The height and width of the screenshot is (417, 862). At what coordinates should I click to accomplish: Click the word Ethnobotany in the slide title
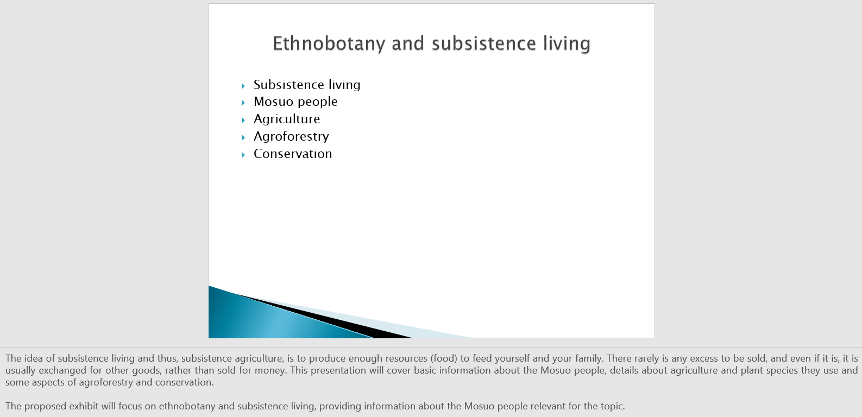pyautogui.click(x=329, y=44)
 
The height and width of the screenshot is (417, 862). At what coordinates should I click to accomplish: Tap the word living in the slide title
pyautogui.click(x=567, y=44)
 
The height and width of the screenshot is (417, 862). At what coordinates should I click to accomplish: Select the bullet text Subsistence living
pyautogui.click(x=307, y=85)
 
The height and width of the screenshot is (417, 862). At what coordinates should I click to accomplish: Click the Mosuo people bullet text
pyautogui.click(x=295, y=102)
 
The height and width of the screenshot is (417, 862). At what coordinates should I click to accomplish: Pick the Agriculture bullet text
pyautogui.click(x=287, y=119)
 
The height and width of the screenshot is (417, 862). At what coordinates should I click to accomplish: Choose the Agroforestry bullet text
pyautogui.click(x=291, y=136)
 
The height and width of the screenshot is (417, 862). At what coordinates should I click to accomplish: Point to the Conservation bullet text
pyautogui.click(x=292, y=154)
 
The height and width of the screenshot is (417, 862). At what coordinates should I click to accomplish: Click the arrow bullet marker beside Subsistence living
pyautogui.click(x=243, y=86)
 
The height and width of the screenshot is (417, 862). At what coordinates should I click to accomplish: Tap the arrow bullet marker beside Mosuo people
pyautogui.click(x=243, y=103)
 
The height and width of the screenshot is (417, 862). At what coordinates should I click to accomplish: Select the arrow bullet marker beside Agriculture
pyautogui.click(x=243, y=120)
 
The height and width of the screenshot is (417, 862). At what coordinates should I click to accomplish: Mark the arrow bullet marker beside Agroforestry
pyautogui.click(x=243, y=137)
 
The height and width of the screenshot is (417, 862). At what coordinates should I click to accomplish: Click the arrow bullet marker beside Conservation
pyautogui.click(x=243, y=155)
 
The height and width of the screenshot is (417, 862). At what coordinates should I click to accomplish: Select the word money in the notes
pyautogui.click(x=273, y=370)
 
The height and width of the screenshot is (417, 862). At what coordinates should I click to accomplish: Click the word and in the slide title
pyautogui.click(x=408, y=44)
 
